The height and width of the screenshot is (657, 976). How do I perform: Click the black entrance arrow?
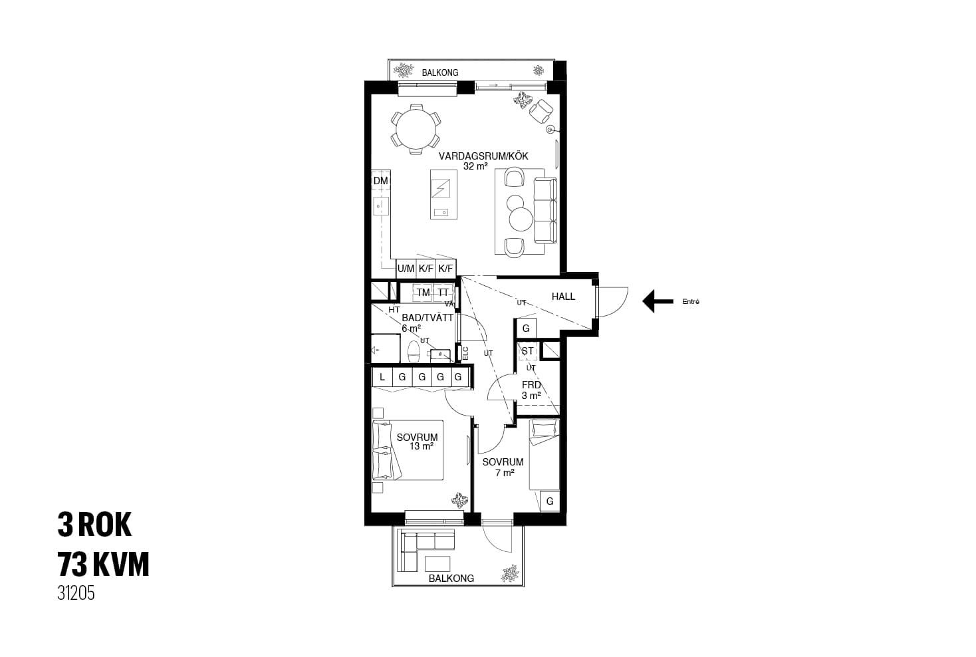click(658, 301)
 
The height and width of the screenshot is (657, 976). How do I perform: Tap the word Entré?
click(691, 301)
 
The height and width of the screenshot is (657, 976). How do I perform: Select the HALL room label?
click(563, 297)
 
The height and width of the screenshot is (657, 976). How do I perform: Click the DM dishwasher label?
click(380, 181)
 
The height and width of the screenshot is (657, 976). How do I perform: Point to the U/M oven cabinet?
click(406, 269)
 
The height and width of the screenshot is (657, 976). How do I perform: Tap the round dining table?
click(416, 130)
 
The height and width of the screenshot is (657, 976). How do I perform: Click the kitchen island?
click(443, 194)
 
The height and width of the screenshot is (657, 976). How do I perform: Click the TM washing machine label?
click(423, 293)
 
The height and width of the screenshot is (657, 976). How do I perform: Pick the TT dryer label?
click(443, 293)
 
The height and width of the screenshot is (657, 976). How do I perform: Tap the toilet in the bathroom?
click(413, 351)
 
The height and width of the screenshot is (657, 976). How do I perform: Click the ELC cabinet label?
click(465, 353)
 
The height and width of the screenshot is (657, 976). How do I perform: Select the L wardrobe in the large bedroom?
click(382, 377)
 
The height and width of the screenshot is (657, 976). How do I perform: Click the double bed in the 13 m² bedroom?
click(408, 450)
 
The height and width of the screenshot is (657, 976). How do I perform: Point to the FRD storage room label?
click(531, 385)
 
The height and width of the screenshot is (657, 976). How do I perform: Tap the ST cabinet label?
click(527, 351)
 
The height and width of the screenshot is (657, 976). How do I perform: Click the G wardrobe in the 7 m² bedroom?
click(550, 501)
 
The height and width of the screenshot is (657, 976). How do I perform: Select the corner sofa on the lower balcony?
click(420, 548)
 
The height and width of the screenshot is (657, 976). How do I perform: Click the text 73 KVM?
click(103, 564)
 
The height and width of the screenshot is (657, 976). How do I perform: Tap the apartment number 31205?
click(76, 593)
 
